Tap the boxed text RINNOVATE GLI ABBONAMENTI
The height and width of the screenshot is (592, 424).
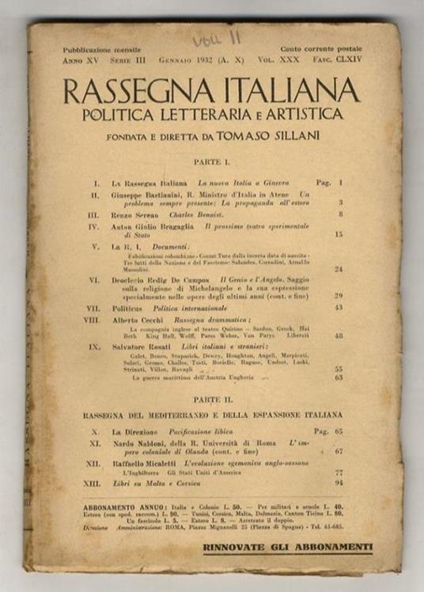tap(287, 546)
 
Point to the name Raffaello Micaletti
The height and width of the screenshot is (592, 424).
tap(148, 461)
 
